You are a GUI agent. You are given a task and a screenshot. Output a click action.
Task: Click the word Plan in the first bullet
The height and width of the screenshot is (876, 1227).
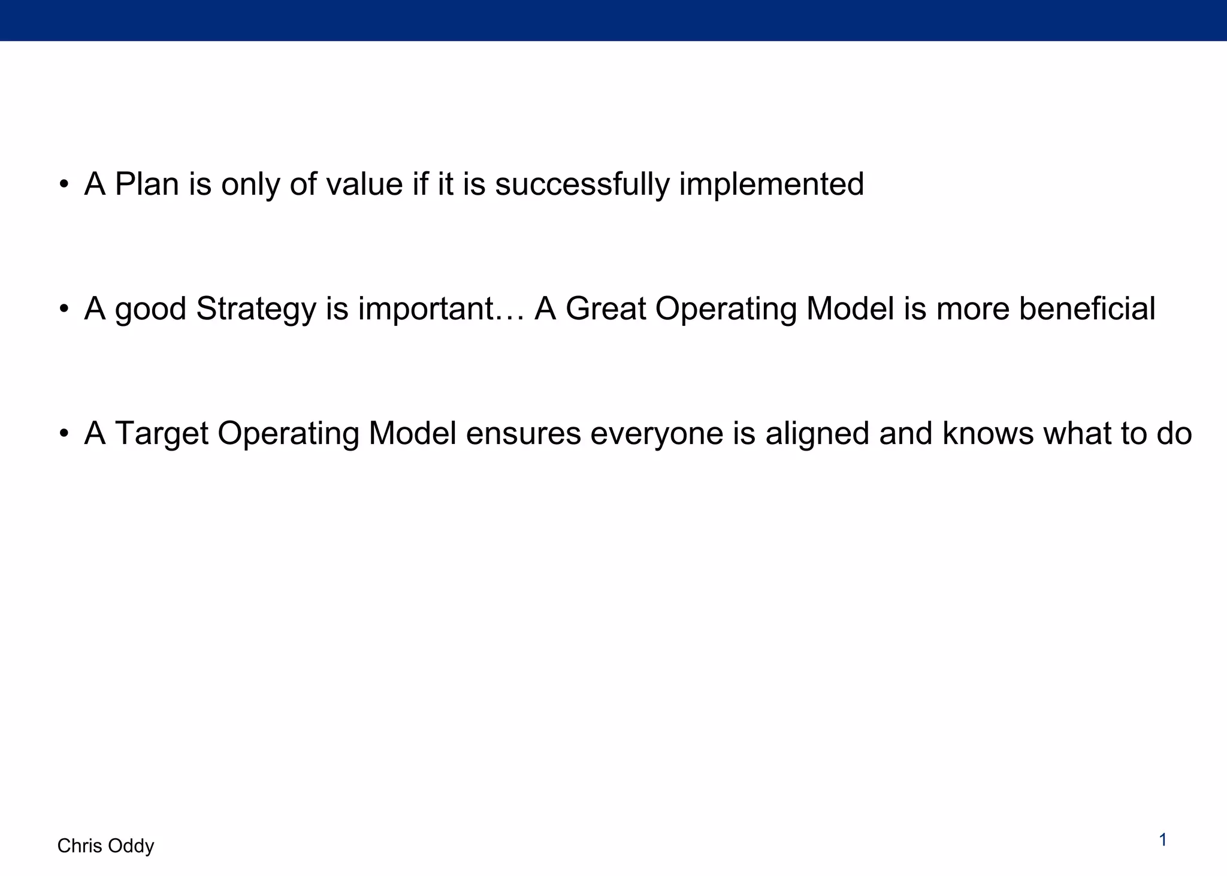click(147, 184)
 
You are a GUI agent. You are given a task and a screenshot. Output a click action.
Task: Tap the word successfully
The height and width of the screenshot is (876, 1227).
click(582, 184)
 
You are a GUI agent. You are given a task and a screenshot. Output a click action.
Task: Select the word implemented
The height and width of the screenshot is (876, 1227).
click(771, 184)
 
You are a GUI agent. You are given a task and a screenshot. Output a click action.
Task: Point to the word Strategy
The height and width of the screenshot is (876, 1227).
click(256, 309)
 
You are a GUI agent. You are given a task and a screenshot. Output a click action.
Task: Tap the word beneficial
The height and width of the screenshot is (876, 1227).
click(1087, 309)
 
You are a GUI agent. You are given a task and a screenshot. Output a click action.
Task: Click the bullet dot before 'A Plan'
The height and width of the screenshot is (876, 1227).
click(64, 185)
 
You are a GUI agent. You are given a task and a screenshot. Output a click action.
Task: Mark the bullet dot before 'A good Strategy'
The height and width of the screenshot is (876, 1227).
click(64, 310)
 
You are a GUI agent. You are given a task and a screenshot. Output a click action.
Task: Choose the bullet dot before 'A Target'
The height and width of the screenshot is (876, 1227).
click(64, 434)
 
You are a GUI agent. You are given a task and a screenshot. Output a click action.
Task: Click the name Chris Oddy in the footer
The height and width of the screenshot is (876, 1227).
click(105, 846)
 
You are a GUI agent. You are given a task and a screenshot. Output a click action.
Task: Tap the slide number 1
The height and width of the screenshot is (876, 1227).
click(1163, 841)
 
